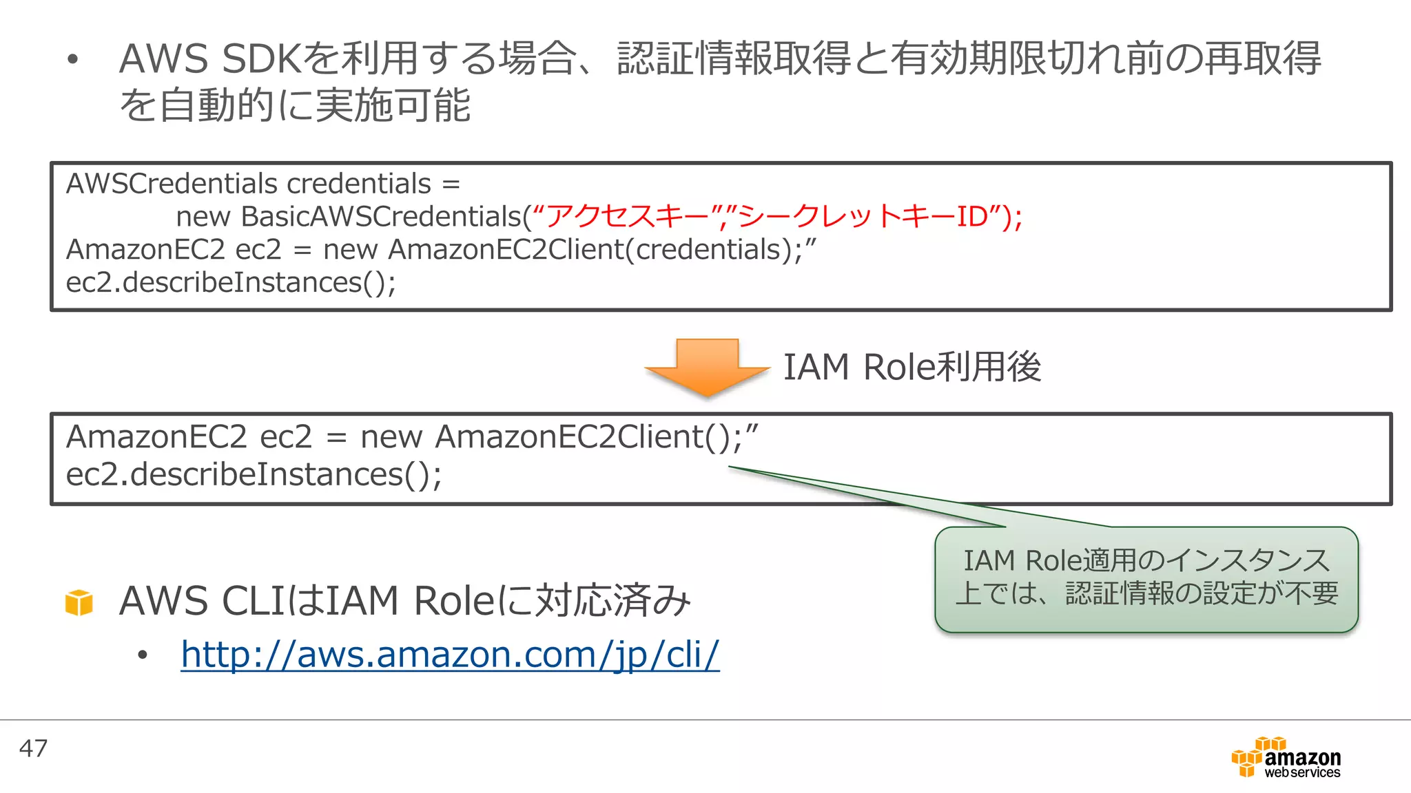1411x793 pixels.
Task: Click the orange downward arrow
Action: (x=707, y=366)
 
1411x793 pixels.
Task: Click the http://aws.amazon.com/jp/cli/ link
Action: (x=450, y=654)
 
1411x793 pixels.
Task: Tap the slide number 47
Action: (x=33, y=748)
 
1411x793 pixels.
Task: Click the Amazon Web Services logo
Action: (x=1286, y=759)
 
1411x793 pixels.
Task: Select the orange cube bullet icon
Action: (x=79, y=602)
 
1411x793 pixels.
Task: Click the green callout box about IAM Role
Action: (x=1146, y=579)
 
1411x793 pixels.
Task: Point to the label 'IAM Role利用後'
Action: (x=912, y=367)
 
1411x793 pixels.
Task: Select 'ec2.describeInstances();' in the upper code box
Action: (x=231, y=282)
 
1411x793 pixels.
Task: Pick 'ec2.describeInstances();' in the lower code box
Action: (x=254, y=474)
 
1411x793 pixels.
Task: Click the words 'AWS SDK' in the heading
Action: (x=210, y=59)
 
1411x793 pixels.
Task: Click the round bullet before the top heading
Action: (x=73, y=59)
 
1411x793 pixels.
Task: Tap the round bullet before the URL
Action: (x=143, y=655)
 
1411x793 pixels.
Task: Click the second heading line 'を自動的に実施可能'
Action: (x=295, y=105)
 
